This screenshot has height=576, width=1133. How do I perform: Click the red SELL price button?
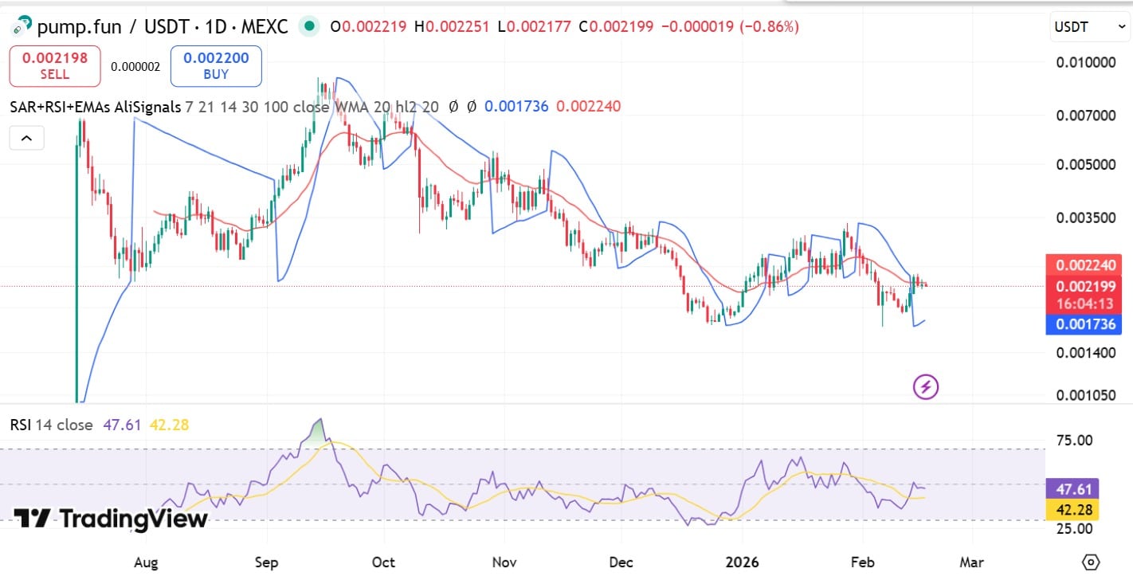55,66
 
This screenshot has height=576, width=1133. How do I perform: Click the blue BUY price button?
216,66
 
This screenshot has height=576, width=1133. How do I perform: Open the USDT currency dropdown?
1088,27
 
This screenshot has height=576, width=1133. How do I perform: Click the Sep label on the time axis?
266,562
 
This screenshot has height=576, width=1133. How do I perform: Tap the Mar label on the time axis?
971,562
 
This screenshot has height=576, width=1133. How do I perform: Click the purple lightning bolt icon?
925,388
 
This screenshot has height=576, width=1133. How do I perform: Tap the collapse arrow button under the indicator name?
26,139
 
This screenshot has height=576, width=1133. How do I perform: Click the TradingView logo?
111,519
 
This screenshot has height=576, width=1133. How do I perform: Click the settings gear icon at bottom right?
1091,561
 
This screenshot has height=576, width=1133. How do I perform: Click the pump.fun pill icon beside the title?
21,27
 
